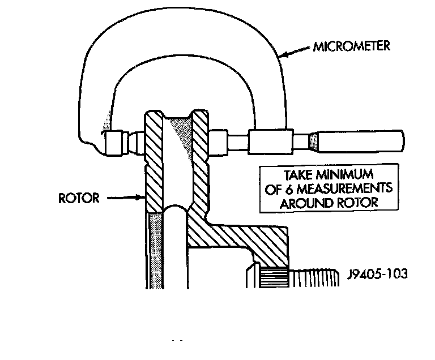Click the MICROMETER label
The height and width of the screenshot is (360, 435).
351,46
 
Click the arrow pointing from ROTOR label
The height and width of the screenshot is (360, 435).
127,198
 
